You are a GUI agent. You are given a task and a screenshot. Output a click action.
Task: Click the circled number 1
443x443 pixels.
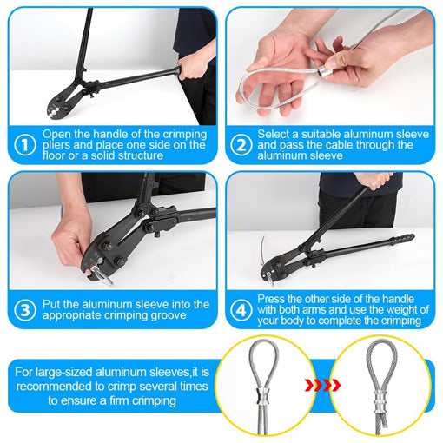coord(25,145)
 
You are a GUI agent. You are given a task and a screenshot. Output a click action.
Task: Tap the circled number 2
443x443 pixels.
coord(241,145)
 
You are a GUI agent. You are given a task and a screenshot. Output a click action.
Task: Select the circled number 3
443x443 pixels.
coord(25,310)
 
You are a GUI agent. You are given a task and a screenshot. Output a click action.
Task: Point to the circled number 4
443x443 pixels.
coord(241,310)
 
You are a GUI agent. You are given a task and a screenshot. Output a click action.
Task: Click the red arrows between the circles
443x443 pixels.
coord(322,385)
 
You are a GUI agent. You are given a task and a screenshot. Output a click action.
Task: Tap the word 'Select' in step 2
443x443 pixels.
coord(274,134)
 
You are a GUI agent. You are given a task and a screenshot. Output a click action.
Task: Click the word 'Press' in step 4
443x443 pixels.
coord(271,299)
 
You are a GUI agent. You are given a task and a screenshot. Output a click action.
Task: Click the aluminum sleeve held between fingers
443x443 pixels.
coord(325,72)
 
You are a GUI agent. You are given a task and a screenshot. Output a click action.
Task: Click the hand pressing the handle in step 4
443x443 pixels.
coord(374,180)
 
